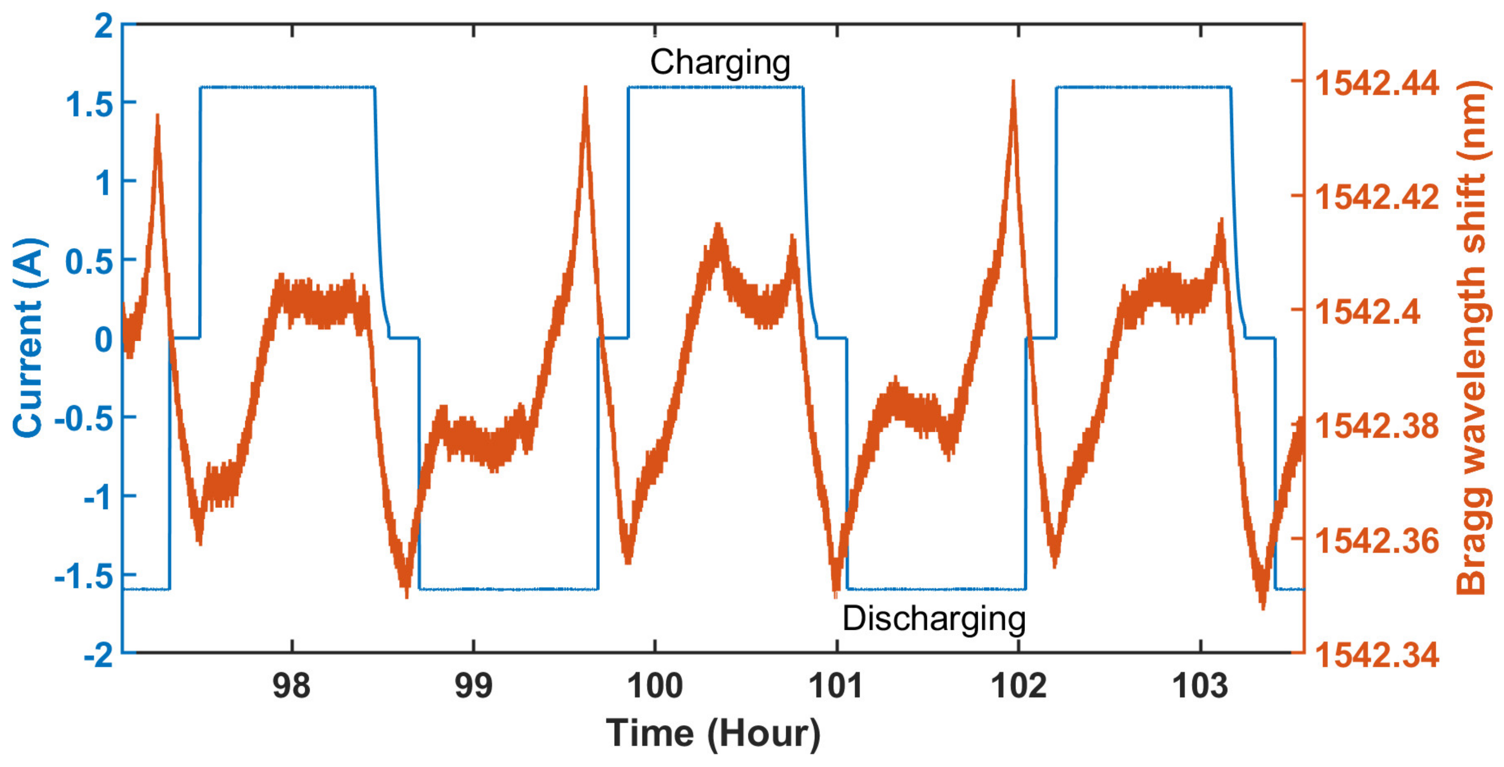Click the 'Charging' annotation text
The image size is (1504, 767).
tap(720, 63)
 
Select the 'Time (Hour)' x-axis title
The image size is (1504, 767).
tap(713, 733)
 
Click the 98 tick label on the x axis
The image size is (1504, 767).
tap(292, 686)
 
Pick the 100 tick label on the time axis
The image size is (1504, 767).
tap(654, 686)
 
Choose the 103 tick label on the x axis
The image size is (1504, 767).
tap(1200, 686)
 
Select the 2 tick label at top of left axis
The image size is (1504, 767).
tap(104, 26)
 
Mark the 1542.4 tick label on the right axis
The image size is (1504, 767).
tap(1367, 312)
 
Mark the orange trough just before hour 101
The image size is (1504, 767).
tap(835, 594)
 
